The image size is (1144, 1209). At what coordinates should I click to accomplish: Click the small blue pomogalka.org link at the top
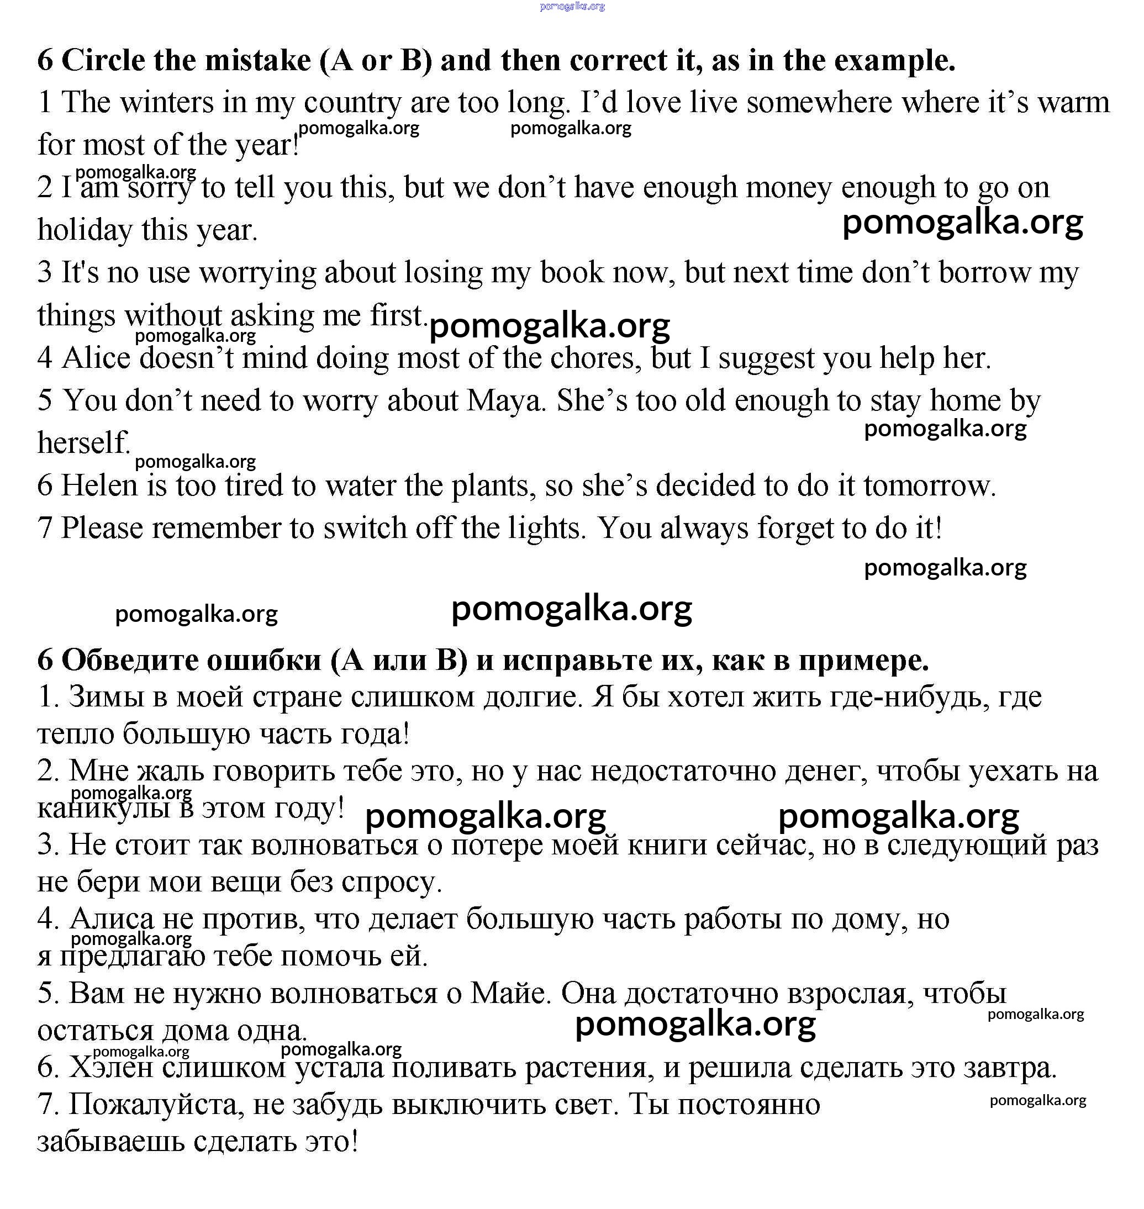572,7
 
